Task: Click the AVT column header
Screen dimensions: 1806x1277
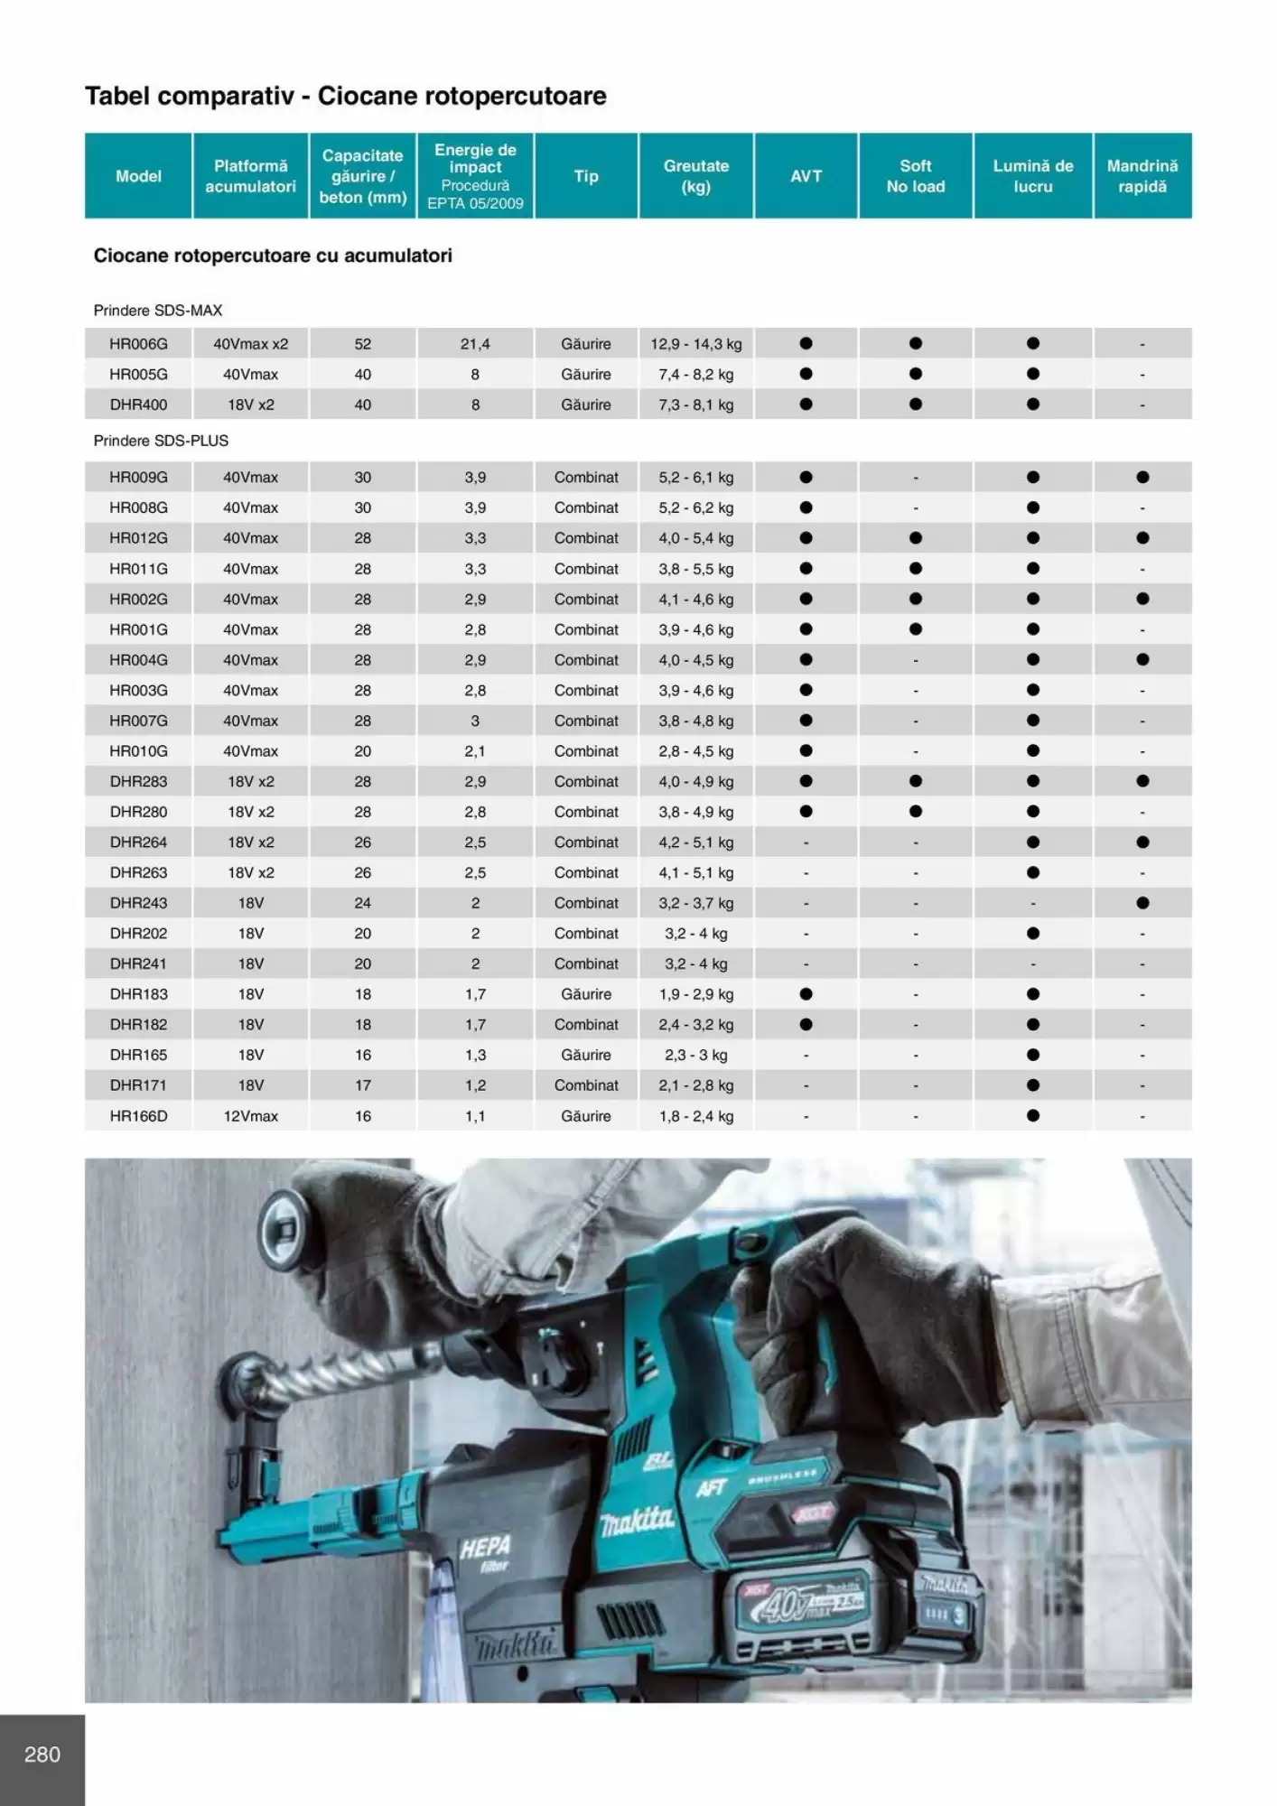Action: click(806, 176)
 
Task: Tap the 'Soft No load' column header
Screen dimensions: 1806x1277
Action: click(915, 176)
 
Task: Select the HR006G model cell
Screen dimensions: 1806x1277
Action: click(138, 344)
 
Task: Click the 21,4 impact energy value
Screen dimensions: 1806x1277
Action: click(475, 344)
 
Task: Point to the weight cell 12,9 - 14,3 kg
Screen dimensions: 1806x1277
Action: click(695, 344)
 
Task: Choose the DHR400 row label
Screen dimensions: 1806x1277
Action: click(138, 405)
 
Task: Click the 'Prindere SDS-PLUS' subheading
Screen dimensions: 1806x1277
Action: click(161, 441)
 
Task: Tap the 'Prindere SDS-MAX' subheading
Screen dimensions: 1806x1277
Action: click(157, 311)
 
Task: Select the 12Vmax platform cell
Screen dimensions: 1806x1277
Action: click(250, 1116)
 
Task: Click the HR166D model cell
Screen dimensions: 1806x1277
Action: click(138, 1116)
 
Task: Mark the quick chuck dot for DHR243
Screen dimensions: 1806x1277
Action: click(1142, 903)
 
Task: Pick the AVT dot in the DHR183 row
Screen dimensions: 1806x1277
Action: click(806, 994)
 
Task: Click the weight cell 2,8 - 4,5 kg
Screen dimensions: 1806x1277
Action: click(695, 751)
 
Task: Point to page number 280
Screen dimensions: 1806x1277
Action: click(42, 1755)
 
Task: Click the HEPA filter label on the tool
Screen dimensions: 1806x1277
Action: click(485, 1551)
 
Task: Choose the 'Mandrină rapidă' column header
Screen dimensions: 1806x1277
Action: click(1142, 176)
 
